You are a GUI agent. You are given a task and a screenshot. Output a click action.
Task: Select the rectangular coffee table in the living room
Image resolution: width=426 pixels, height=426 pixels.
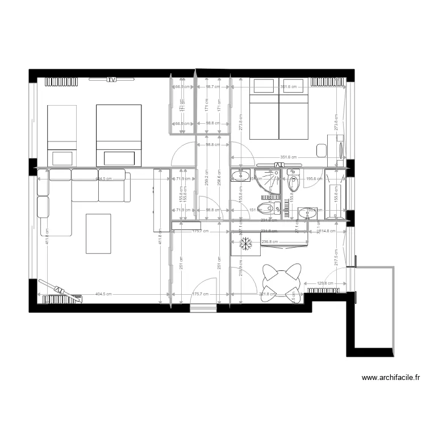tap(98, 233)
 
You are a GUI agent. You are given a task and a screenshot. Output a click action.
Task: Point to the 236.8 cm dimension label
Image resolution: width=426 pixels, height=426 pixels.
tap(269, 241)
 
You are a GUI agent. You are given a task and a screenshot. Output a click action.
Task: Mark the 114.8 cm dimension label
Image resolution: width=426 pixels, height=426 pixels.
tap(326, 231)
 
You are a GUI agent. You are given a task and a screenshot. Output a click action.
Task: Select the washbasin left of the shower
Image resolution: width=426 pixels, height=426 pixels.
tap(240, 175)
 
